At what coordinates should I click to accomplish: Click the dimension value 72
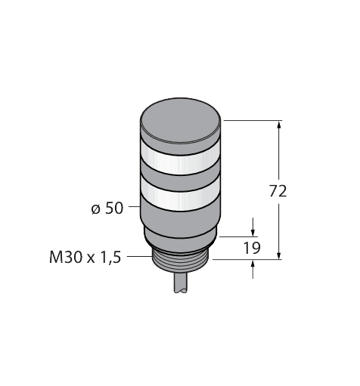point(279,191)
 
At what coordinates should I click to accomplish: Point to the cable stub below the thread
point(183,286)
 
